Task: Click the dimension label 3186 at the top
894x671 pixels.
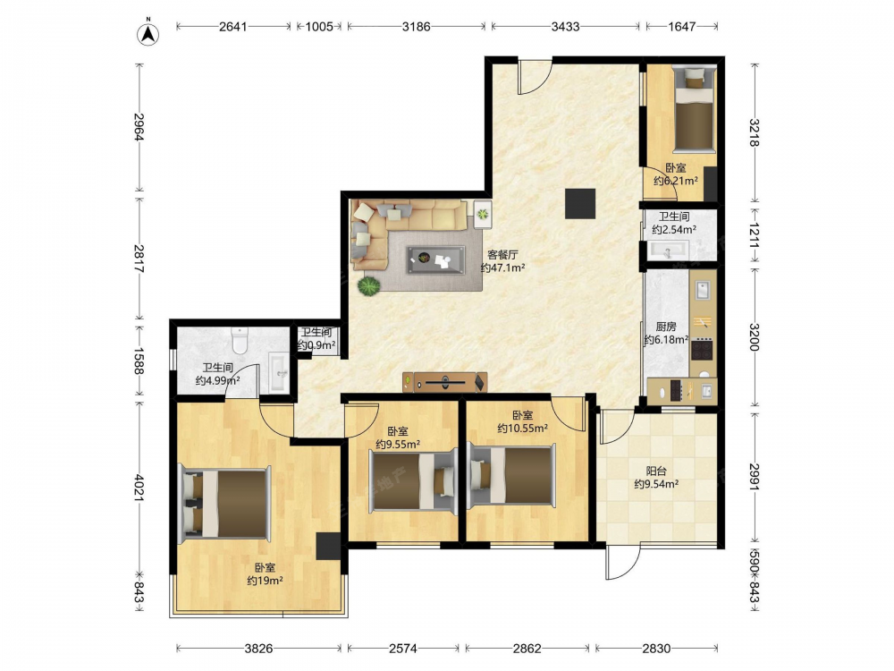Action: pyautogui.click(x=417, y=26)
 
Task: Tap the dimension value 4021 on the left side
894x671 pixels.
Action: pyautogui.click(x=139, y=487)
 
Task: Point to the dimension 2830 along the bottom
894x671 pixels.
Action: pyautogui.click(x=656, y=648)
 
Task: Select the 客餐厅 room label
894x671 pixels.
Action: pyautogui.click(x=502, y=255)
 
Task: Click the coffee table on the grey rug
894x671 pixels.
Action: pyautogui.click(x=435, y=259)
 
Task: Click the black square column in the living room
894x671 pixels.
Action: pyautogui.click(x=580, y=203)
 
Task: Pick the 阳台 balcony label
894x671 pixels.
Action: pyautogui.click(x=656, y=471)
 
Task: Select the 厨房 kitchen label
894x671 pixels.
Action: pyautogui.click(x=665, y=327)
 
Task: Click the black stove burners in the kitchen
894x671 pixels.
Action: pyautogui.click(x=703, y=349)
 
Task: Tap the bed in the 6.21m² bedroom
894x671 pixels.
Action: pyautogui.click(x=694, y=109)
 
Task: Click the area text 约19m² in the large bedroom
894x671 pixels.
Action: pyautogui.click(x=266, y=581)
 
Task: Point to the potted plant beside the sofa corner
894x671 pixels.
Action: pyautogui.click(x=369, y=285)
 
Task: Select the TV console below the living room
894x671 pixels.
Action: pyautogui.click(x=444, y=382)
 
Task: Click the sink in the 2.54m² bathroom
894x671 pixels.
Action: pyautogui.click(x=669, y=250)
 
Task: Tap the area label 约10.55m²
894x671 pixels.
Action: pyautogui.click(x=522, y=428)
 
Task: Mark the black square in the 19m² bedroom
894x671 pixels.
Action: pyautogui.click(x=328, y=546)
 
